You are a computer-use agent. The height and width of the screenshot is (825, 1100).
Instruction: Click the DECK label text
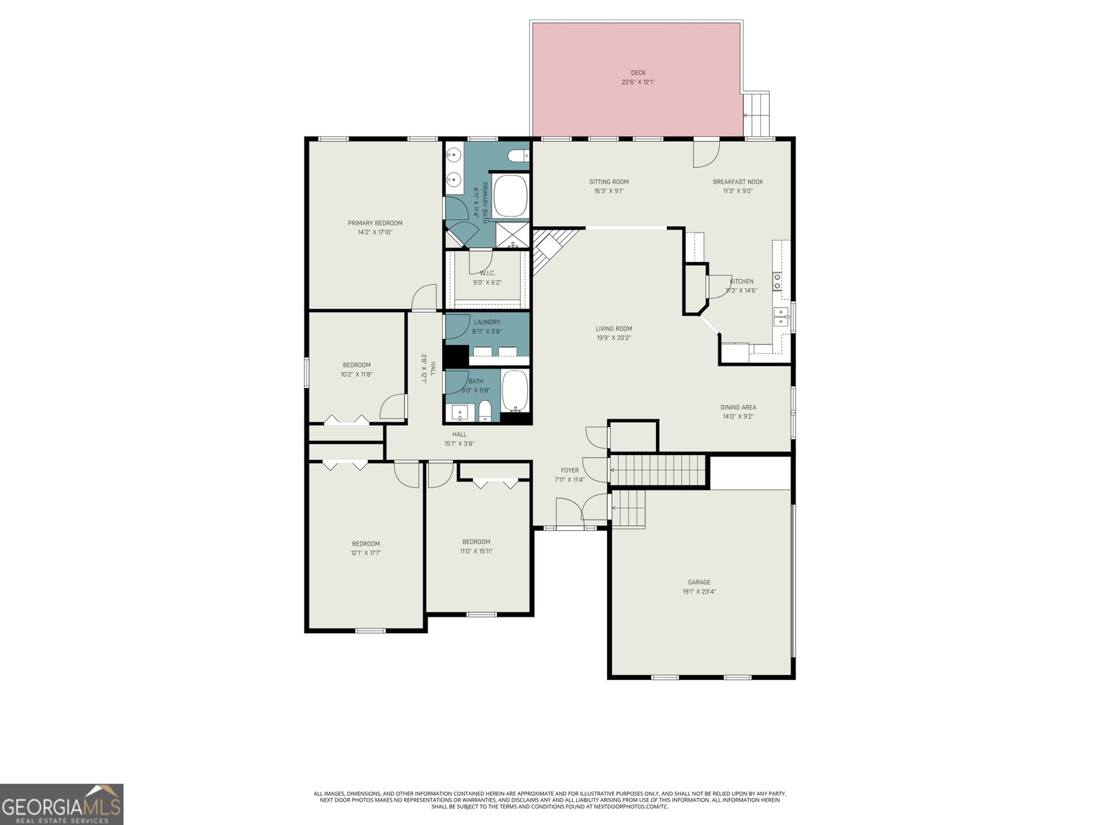coord(638,73)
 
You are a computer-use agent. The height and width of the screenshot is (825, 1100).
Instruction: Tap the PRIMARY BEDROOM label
coord(375,223)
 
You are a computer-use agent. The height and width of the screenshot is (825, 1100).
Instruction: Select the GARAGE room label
coord(699,582)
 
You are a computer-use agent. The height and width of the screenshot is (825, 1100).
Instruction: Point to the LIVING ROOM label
coord(614,329)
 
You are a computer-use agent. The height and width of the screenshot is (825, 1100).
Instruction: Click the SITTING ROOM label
coord(609,181)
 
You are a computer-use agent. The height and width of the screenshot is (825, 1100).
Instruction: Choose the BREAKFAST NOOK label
coord(738,181)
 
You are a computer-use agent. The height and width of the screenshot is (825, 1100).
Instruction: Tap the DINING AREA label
coord(738,407)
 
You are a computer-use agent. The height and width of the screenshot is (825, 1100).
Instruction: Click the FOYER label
coord(570,470)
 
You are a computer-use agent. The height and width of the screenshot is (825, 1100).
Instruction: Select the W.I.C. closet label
coord(487,274)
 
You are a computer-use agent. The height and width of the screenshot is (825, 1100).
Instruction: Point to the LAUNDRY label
coord(487,322)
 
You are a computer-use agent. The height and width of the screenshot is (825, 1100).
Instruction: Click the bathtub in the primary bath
coord(511,196)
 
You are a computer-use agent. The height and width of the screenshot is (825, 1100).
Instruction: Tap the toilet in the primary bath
coord(519,156)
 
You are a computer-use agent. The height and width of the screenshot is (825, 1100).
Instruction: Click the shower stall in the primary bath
coord(512,235)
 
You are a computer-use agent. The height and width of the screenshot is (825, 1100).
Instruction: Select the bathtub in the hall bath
coord(515,391)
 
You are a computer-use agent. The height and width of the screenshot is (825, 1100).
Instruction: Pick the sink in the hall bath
coord(459,413)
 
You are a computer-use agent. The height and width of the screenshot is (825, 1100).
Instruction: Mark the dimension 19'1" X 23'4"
coord(699,591)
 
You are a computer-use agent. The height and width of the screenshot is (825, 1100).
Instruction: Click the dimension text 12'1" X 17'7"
coord(366,553)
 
